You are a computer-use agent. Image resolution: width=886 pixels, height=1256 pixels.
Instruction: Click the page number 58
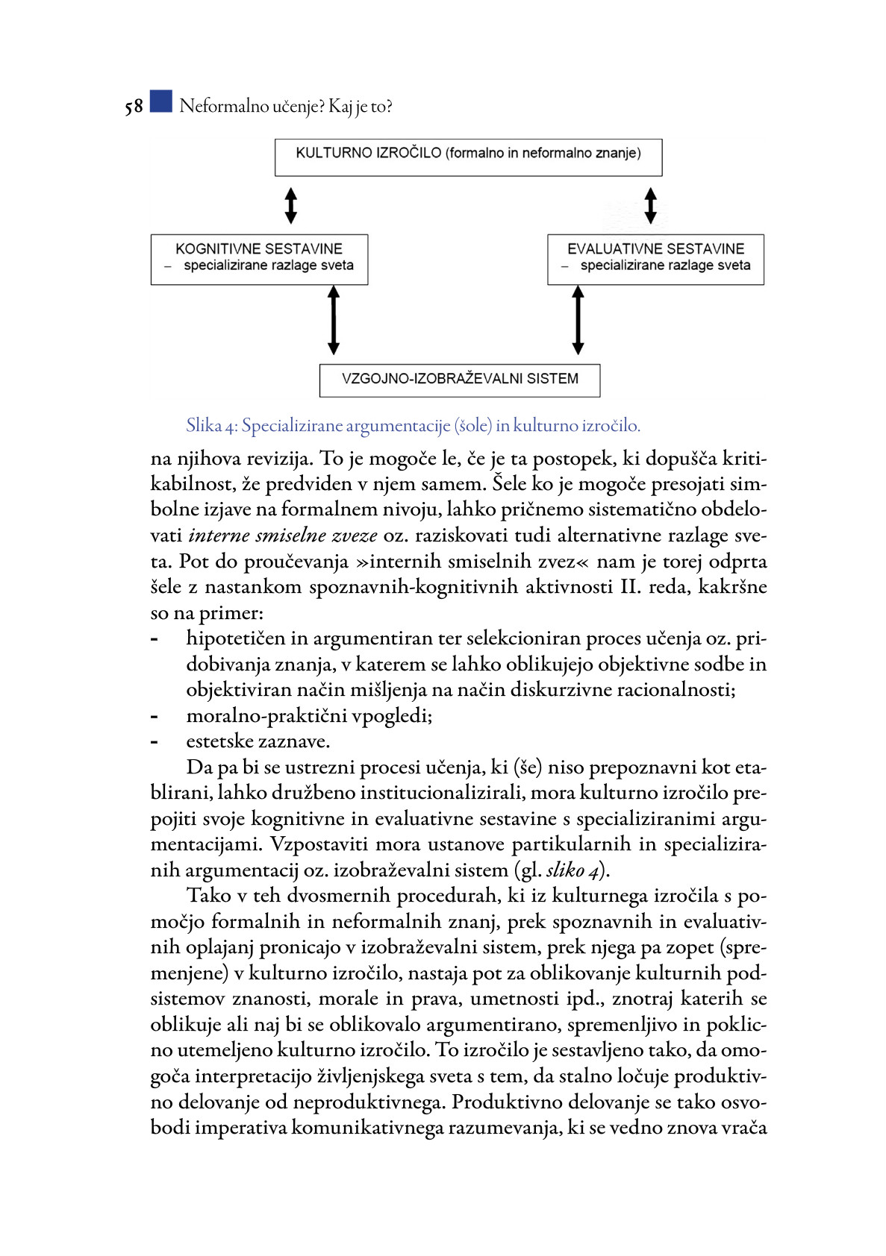pyautogui.click(x=134, y=107)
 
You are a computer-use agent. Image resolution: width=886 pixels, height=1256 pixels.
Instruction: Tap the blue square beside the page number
pyautogui.click(x=160, y=101)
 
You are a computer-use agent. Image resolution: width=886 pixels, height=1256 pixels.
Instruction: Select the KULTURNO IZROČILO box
pyautogui.click(x=468, y=157)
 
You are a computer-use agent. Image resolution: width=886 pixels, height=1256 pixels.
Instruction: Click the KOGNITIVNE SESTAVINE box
pyautogui.click(x=259, y=260)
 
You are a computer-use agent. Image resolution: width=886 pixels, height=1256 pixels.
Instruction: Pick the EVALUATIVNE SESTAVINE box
pyautogui.click(x=655, y=260)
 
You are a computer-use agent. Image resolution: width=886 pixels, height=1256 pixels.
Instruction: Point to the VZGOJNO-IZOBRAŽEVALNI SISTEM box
pyautogui.click(x=460, y=380)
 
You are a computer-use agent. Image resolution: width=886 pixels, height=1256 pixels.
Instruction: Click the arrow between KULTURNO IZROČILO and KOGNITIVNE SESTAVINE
pyautogui.click(x=291, y=205)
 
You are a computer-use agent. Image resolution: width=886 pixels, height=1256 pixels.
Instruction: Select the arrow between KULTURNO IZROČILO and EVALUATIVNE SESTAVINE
pyautogui.click(x=650, y=205)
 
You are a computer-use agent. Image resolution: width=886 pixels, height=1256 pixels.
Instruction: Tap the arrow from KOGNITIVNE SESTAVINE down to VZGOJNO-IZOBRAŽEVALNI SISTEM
pyautogui.click(x=334, y=321)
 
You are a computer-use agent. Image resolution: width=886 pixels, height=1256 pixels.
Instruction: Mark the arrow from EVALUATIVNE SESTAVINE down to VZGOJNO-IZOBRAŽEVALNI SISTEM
pyautogui.click(x=578, y=321)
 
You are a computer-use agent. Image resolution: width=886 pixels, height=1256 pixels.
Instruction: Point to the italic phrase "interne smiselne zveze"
pyautogui.click(x=283, y=536)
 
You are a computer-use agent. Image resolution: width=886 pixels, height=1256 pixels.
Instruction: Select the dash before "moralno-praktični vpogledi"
pyautogui.click(x=155, y=716)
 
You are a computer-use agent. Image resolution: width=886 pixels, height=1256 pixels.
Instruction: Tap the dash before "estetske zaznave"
pyautogui.click(x=155, y=742)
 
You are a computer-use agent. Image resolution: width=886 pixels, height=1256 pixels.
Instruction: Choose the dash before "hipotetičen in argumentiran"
pyautogui.click(x=155, y=639)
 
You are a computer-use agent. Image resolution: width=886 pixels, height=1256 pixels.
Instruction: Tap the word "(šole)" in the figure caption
pyautogui.click(x=473, y=426)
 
